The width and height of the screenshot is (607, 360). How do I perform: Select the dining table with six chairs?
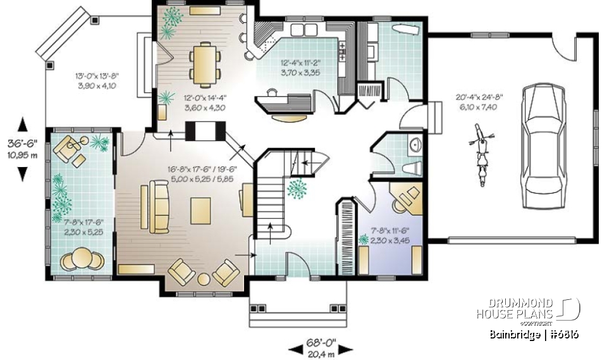coord(205,64)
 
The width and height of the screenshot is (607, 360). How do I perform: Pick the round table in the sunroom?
coord(81,259)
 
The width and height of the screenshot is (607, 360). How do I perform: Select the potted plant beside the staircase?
coord(295,188)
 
